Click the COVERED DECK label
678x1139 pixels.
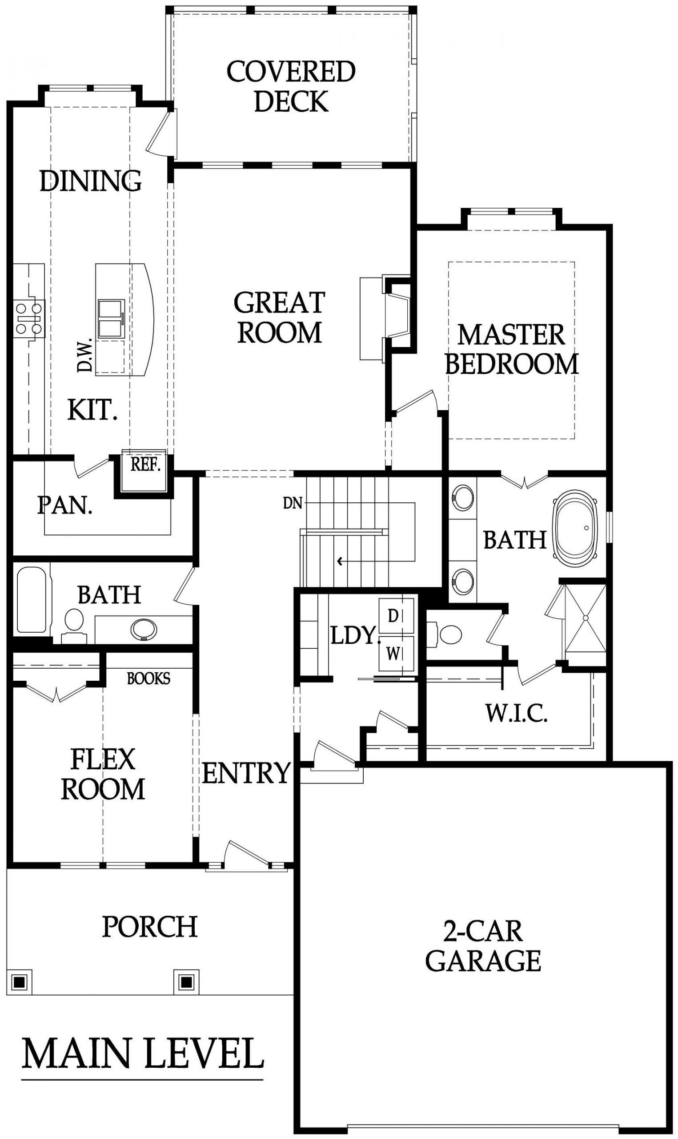coord(291,86)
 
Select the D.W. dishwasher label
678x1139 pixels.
coord(85,355)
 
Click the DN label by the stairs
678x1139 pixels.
coord(293,503)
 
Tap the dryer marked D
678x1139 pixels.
coord(396,616)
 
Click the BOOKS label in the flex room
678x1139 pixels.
coord(148,678)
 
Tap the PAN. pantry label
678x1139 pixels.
coord(65,506)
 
